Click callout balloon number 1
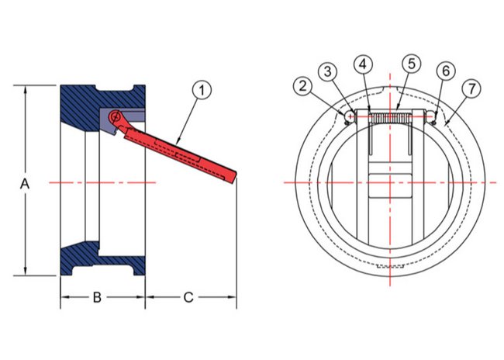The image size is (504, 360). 202,91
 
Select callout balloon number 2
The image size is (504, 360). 302,86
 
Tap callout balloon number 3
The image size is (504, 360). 327,71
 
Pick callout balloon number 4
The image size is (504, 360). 363,64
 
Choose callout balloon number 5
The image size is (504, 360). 412,64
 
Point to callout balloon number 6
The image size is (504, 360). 446,71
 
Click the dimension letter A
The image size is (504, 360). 25,185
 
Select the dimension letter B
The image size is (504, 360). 97,298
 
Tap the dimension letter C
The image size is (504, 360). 188,298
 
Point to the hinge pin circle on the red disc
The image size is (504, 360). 115,116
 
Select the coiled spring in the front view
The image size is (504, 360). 391,118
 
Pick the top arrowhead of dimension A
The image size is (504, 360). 25,90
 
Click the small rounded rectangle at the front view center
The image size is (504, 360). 390,185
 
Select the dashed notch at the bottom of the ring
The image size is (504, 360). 390,267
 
